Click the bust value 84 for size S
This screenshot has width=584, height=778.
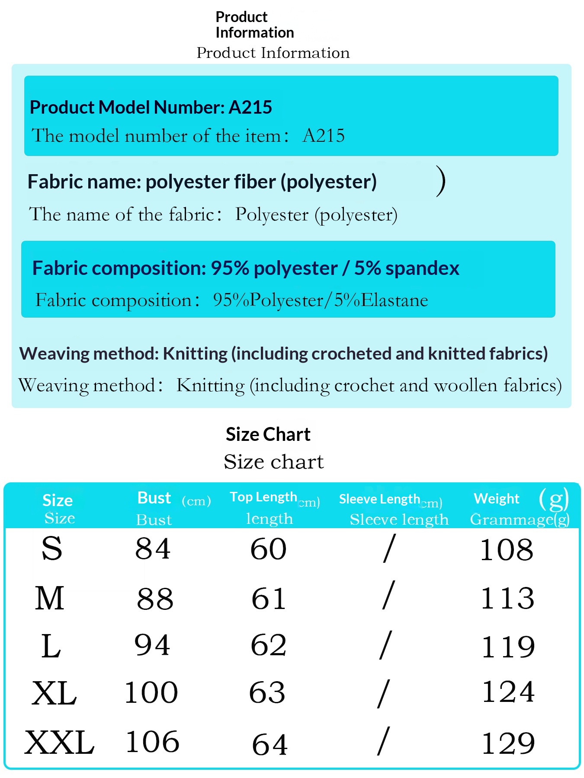click(153, 549)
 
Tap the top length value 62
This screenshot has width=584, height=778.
click(269, 645)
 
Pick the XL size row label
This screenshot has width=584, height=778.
click(54, 693)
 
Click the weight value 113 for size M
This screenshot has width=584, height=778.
click(508, 598)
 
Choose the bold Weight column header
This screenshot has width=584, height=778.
click(497, 499)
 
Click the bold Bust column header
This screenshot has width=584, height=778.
click(154, 498)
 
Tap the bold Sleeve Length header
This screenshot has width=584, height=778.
click(379, 499)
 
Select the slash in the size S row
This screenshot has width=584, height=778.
click(389, 548)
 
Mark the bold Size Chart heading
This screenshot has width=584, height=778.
click(268, 434)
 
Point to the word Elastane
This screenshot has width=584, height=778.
click(395, 300)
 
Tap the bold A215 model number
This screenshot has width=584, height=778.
click(250, 107)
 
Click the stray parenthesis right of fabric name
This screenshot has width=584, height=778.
click(440, 181)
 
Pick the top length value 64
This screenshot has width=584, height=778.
click(270, 745)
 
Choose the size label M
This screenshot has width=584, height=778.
click(50, 598)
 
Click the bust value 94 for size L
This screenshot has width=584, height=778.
click(152, 645)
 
